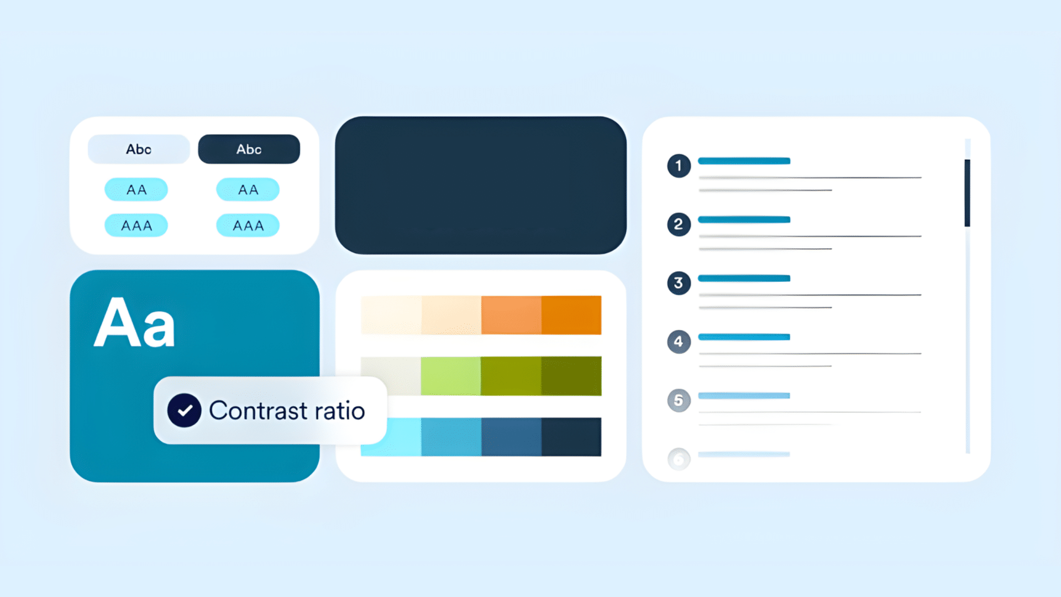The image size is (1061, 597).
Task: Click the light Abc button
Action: [x=139, y=149]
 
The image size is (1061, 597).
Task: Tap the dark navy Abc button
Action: [x=249, y=149]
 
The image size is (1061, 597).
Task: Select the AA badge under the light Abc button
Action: [x=136, y=190]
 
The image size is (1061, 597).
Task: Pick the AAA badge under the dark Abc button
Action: [x=248, y=226]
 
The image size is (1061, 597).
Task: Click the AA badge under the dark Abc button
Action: [x=248, y=190]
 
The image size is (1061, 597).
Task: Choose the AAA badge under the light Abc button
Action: [x=136, y=226]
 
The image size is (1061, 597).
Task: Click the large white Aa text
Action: [x=134, y=323]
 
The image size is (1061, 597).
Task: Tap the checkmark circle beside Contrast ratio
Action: [x=184, y=410]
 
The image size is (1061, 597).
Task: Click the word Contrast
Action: [x=258, y=411]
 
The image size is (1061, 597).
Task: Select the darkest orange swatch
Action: [x=571, y=315]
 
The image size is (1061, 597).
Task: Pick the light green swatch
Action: [x=450, y=376]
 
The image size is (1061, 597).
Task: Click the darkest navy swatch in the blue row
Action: [x=571, y=437]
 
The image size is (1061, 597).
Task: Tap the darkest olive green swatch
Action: [x=571, y=376]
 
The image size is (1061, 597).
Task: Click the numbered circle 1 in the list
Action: [x=679, y=166]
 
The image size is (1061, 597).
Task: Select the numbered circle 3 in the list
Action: [x=679, y=283]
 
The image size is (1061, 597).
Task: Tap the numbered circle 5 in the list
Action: [x=679, y=400]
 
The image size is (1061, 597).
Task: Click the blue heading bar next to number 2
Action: [x=744, y=219]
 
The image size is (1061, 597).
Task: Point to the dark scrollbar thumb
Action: [x=967, y=193]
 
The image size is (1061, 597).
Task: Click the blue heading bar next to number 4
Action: [x=744, y=337]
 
